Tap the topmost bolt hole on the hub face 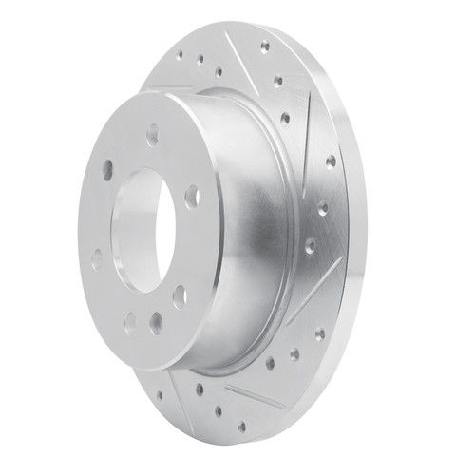152,135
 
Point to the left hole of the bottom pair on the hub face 130,323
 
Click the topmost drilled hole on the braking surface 264,46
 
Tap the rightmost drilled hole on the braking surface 330,162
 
